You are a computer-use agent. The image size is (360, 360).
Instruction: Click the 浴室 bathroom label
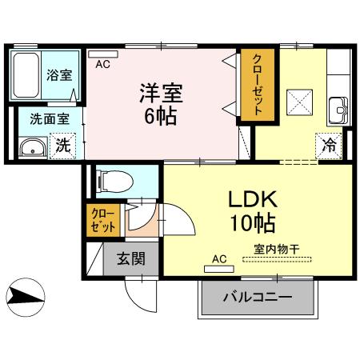click(58, 77)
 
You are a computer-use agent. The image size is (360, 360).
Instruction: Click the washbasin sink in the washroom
click(33, 147)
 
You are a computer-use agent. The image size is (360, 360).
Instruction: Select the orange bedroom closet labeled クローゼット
click(258, 86)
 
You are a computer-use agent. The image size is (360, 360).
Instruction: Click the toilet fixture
click(113, 181)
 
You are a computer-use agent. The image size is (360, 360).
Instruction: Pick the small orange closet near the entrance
click(102, 220)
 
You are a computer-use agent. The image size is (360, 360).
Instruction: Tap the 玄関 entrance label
click(130, 258)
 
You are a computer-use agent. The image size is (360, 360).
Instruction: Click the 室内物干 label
click(276, 249)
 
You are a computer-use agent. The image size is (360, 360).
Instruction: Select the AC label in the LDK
click(218, 258)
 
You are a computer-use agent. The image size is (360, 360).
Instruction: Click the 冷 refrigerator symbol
click(329, 146)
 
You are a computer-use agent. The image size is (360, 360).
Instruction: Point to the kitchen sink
click(338, 106)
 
